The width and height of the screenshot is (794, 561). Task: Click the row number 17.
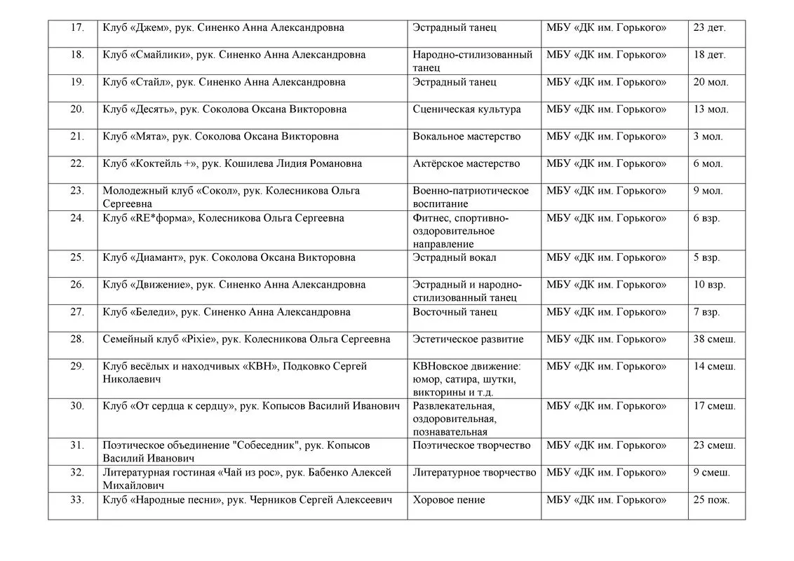point(77,28)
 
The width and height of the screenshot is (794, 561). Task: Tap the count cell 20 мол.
point(711,82)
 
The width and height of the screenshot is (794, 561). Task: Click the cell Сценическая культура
point(466,109)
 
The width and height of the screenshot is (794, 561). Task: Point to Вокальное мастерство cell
point(466,137)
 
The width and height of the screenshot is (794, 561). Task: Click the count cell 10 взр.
point(709,285)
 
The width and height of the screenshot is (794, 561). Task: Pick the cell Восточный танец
point(455,312)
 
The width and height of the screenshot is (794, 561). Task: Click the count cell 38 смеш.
point(714,339)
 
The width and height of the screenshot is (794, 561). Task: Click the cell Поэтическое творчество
point(472,445)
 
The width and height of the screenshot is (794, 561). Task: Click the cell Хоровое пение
point(449,500)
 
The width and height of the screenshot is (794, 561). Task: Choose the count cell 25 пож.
point(711,500)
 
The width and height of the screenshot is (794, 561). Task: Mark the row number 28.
point(77,339)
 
